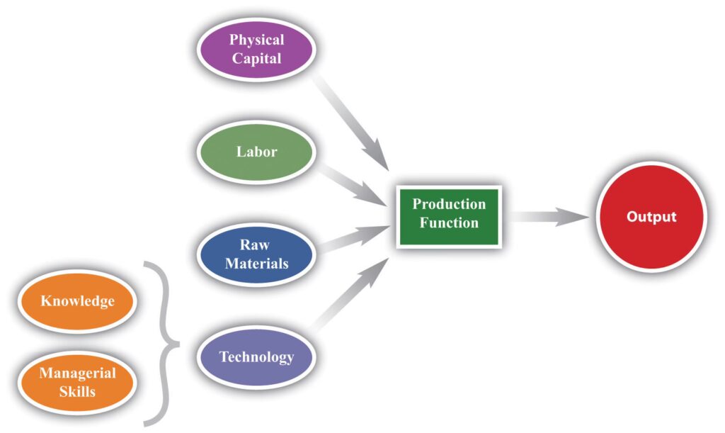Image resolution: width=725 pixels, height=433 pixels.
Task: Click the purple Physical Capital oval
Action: click(256, 50)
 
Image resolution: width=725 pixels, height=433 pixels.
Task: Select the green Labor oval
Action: click(256, 152)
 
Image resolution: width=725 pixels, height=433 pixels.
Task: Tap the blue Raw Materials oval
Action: click(256, 254)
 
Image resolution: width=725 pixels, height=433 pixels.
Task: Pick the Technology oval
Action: click(256, 356)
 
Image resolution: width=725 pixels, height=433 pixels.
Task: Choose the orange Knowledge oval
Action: click(77, 300)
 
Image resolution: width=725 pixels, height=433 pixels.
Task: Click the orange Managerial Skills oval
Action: click(77, 381)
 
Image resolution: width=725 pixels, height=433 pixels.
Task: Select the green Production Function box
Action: click(449, 213)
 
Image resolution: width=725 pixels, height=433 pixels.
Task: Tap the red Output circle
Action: click(651, 217)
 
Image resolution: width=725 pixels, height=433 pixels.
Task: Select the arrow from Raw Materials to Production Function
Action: click(354, 237)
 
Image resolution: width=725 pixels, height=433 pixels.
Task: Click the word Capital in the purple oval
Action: click(256, 59)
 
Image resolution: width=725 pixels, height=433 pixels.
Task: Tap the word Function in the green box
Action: click(449, 223)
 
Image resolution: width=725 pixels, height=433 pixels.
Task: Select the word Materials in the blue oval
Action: click(256, 264)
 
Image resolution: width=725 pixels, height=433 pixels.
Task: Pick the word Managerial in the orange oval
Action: click(77, 373)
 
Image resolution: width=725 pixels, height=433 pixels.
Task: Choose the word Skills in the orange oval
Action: click(77, 390)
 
